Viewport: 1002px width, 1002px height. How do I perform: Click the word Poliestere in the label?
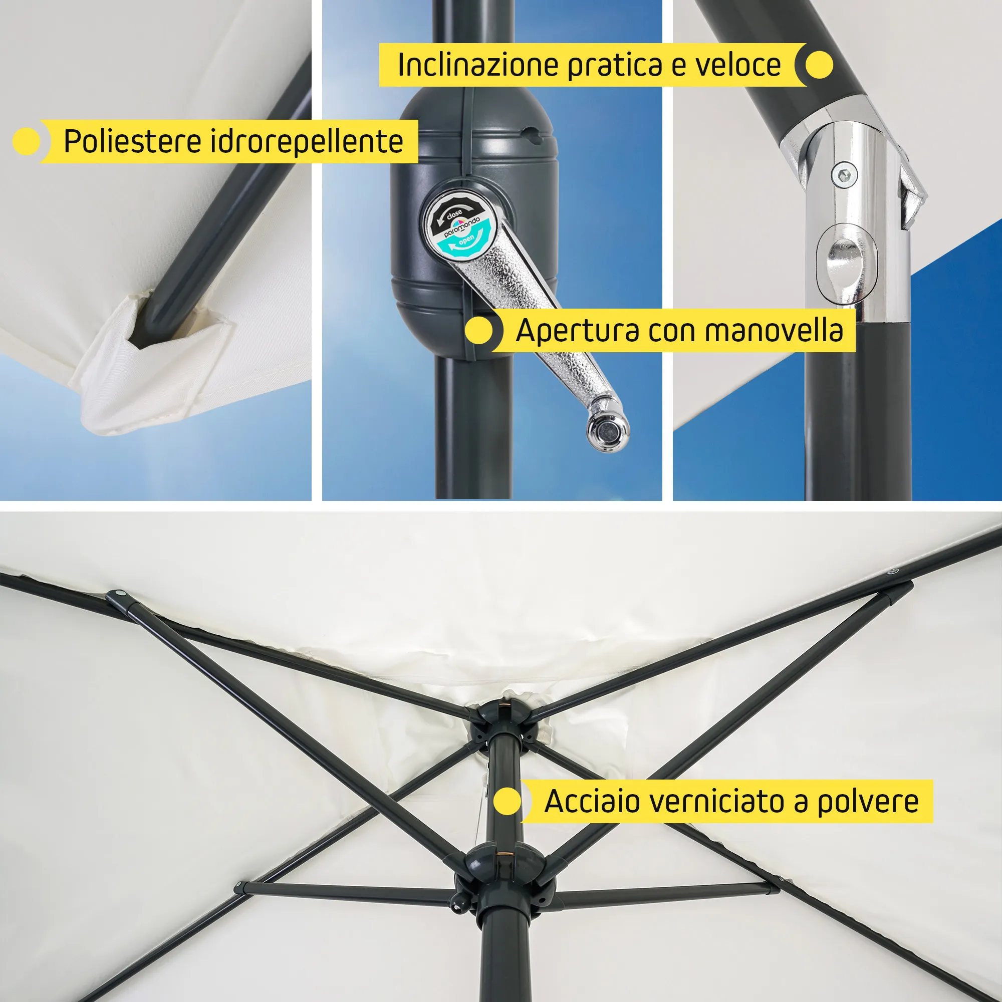tap(133, 141)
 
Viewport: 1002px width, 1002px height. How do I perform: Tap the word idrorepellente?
tap(307, 141)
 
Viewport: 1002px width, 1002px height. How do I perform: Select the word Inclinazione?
tap(477, 65)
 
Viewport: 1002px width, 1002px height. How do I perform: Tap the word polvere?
tap(868, 802)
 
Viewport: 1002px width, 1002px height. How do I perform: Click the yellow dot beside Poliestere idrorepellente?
tap(27, 141)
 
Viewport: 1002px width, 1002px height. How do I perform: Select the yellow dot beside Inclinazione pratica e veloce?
tap(819, 65)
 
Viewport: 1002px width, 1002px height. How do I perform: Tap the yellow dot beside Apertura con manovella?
tap(478, 331)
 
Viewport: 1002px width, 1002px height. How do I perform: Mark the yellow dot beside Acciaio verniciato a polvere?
tap(507, 802)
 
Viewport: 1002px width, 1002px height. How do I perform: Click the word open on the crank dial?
tap(466, 239)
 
